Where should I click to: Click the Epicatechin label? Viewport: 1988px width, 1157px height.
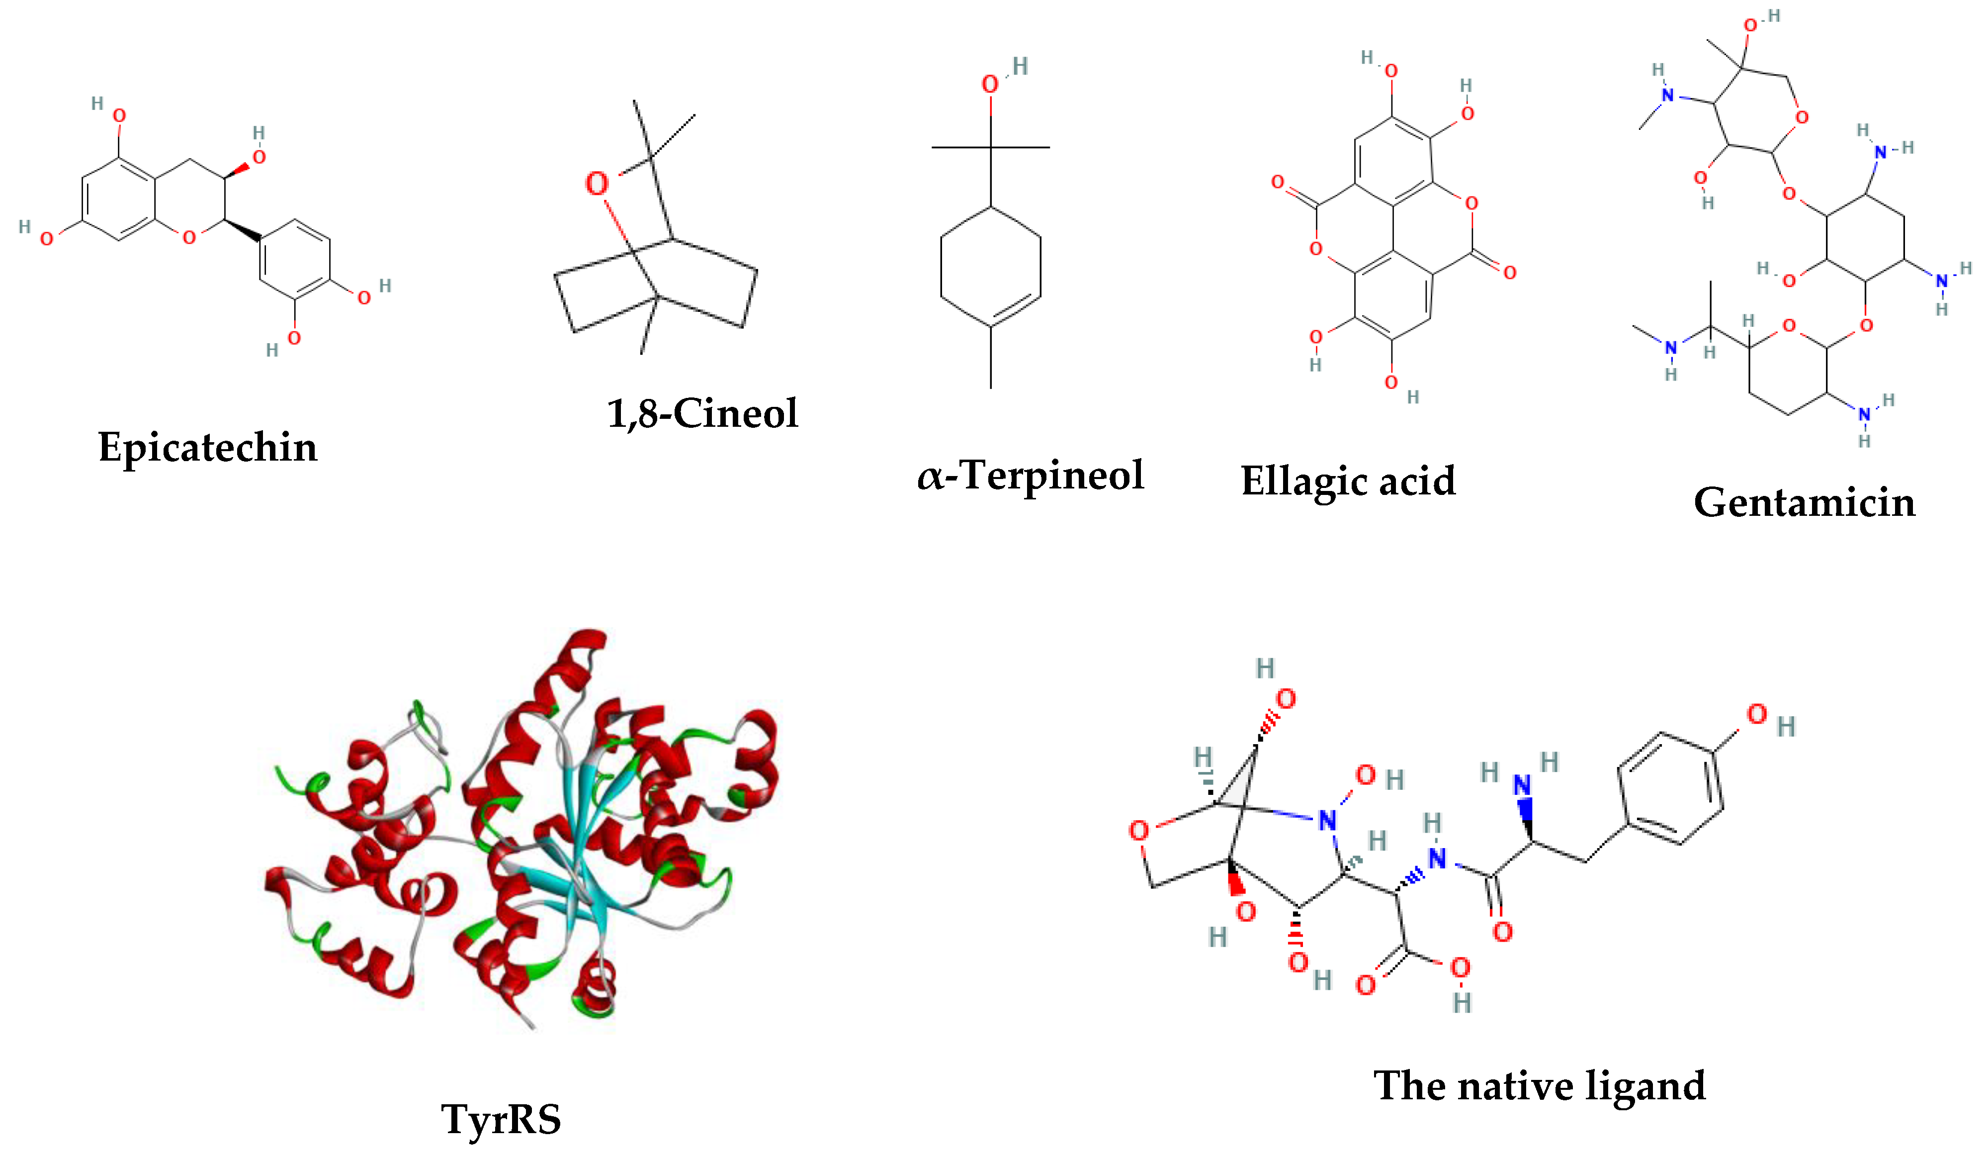point(207,448)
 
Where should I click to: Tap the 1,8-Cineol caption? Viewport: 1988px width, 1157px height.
point(702,413)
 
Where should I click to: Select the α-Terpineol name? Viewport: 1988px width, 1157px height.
point(1030,475)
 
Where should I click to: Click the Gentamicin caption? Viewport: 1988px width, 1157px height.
point(1804,503)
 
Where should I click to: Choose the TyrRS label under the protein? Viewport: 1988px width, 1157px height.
point(501,1119)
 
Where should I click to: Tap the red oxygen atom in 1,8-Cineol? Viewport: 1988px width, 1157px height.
point(597,184)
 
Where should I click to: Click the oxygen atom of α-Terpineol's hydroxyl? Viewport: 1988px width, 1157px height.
point(990,85)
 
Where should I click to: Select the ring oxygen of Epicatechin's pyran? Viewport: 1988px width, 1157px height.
point(188,237)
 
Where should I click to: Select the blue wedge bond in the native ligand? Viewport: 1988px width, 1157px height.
point(1526,821)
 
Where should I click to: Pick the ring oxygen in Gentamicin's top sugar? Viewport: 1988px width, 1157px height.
point(1801,117)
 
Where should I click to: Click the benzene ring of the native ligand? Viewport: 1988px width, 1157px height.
point(1670,789)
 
